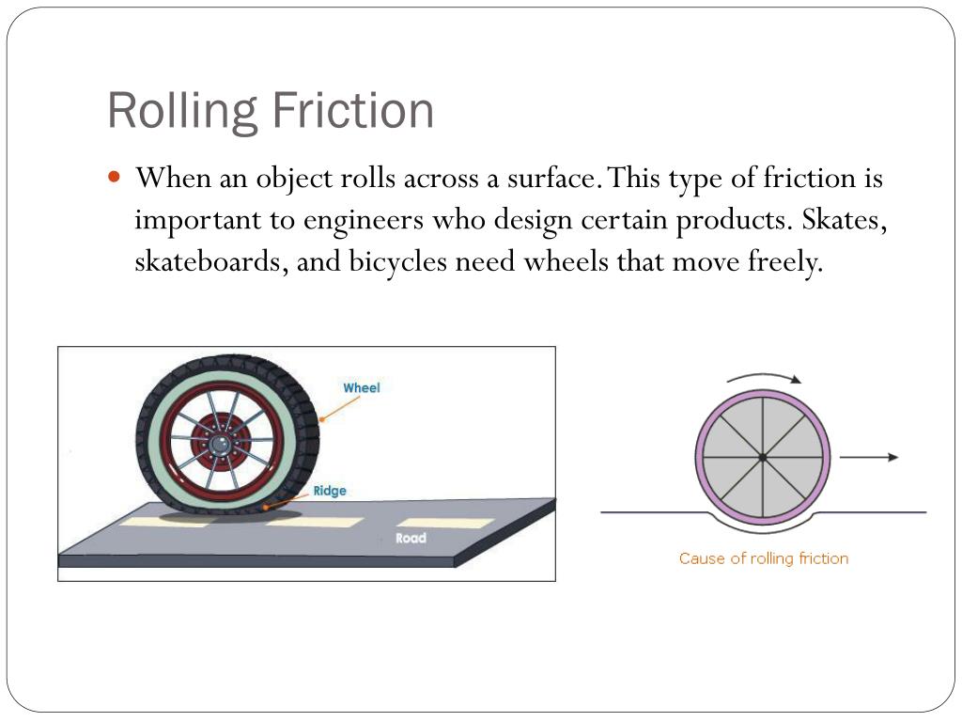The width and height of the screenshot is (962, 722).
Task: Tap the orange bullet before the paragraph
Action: [x=116, y=176]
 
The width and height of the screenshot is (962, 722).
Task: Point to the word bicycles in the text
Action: [x=398, y=261]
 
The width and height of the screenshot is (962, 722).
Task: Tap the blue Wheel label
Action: [x=361, y=387]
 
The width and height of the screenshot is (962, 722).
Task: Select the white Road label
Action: [x=411, y=538]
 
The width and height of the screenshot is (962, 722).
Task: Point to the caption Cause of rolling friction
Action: [x=763, y=558]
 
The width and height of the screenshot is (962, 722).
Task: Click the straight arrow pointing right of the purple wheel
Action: [x=869, y=457]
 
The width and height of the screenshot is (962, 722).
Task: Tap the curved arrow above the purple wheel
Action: [x=764, y=377]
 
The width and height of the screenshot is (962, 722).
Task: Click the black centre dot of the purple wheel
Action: [x=763, y=458]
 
